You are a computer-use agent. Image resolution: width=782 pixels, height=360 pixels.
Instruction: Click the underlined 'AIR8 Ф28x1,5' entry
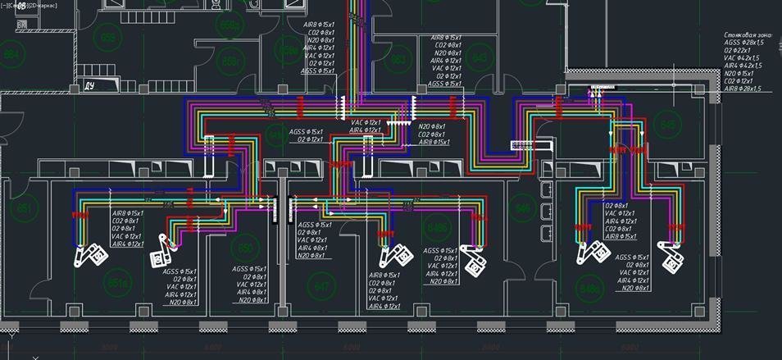point(743,89)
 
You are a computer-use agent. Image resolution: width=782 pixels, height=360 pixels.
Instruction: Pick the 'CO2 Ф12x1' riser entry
point(739,80)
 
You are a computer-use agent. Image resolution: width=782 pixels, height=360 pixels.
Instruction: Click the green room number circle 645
point(669,124)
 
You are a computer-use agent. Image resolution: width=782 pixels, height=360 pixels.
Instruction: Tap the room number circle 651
point(25,208)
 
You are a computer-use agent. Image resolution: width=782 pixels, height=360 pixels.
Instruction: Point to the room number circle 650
point(243,247)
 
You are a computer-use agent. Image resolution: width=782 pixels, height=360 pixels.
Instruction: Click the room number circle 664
point(12,55)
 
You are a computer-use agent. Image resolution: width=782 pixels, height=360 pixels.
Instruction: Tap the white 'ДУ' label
point(90,84)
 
